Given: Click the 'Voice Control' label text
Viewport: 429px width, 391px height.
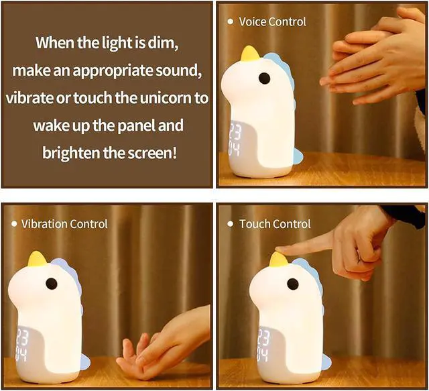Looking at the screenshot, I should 272,21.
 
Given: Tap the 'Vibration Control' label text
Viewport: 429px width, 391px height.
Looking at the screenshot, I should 64,223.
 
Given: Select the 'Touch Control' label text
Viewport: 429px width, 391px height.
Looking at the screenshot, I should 275,223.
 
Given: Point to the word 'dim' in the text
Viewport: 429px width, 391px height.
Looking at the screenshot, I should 161,44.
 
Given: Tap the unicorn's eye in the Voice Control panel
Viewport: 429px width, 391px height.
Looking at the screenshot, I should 264,78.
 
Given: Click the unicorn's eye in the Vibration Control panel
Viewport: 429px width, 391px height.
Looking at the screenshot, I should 51,284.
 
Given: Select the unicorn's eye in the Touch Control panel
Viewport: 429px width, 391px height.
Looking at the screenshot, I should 293,285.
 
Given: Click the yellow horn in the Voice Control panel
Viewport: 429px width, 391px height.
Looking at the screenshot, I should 250,53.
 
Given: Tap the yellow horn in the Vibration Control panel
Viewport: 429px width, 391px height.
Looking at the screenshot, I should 37,259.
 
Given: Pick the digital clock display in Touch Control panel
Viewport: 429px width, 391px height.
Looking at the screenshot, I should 263,342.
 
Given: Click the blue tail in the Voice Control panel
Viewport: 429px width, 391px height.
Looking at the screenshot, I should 297,156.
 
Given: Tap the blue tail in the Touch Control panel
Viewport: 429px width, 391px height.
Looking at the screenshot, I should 325,362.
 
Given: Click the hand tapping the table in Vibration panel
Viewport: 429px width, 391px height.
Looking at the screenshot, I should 161,342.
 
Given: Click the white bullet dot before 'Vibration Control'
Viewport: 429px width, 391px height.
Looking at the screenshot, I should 13,223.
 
